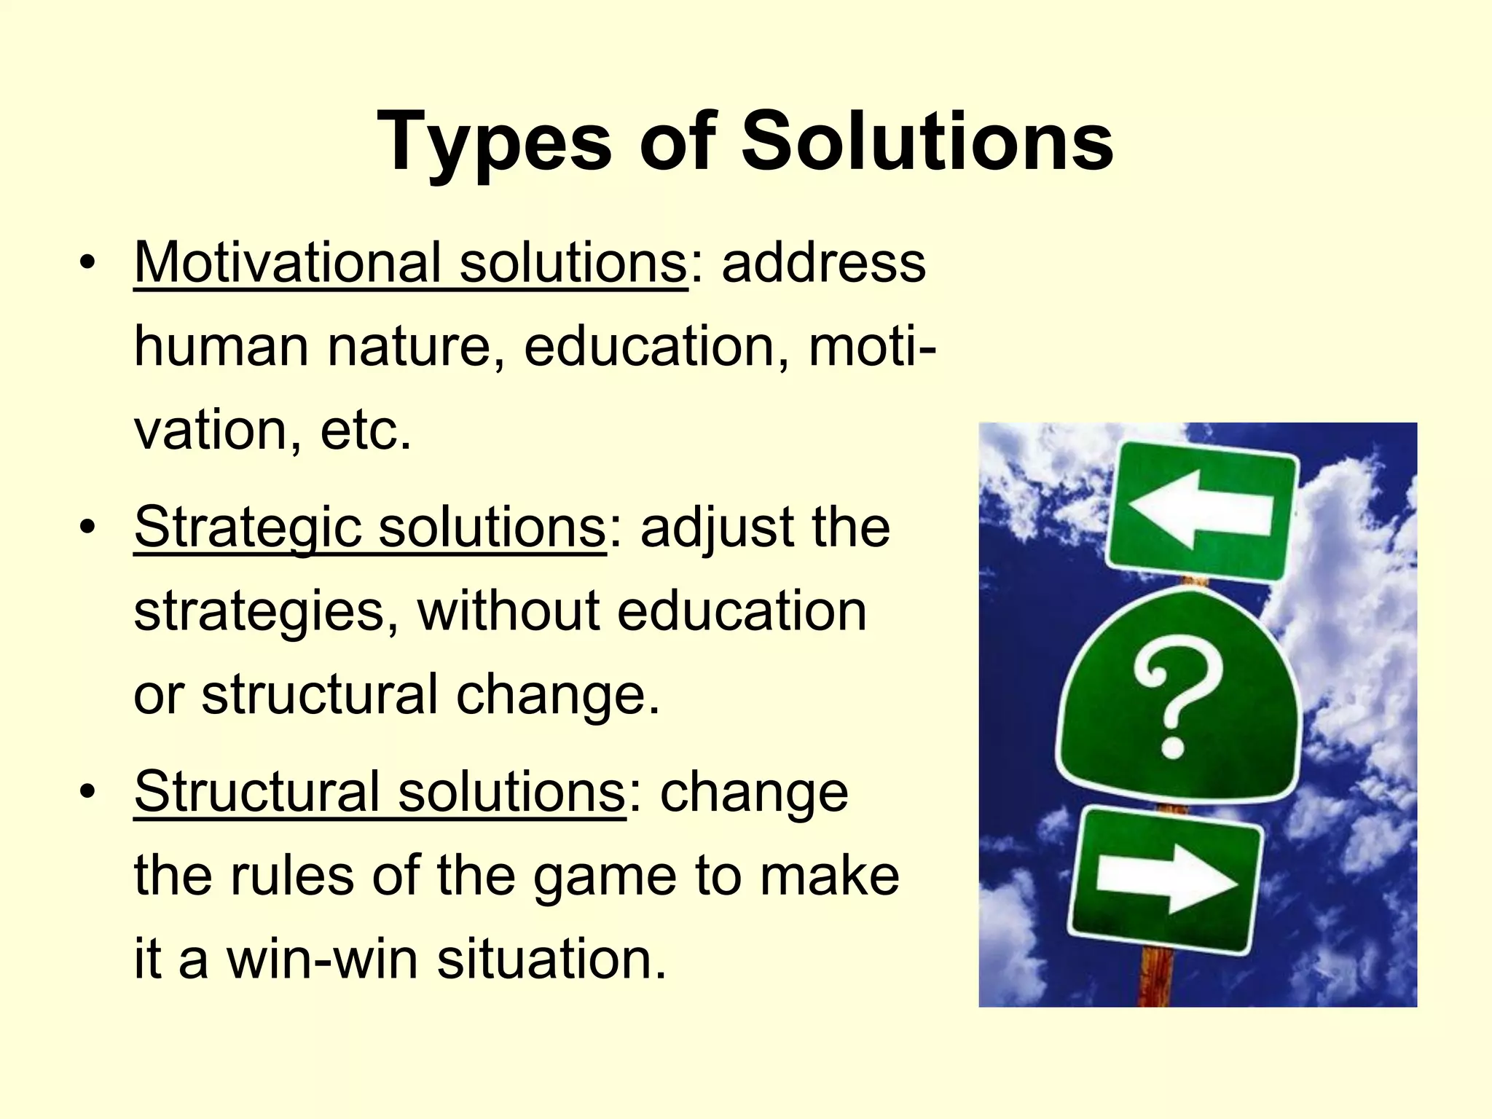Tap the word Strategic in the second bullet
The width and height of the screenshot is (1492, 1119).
pos(248,527)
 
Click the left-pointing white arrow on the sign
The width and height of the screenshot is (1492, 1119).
pos(1200,509)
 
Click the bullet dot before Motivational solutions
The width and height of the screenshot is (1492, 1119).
pos(87,263)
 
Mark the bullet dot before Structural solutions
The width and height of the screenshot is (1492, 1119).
pos(87,793)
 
